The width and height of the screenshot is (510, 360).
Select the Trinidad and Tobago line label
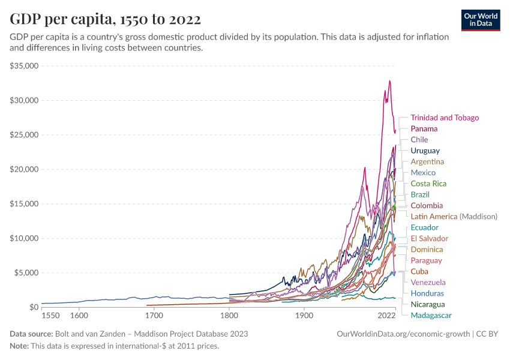[445, 118]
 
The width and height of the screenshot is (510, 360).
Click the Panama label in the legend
[424, 128]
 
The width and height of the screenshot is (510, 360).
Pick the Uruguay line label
[425, 151]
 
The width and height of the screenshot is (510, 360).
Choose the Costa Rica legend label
[428, 184]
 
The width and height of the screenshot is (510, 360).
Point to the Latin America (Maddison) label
[454, 216]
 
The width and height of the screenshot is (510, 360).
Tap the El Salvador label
[429, 238]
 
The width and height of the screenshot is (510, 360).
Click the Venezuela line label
[428, 282]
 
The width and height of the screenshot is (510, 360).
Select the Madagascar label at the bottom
[431, 315]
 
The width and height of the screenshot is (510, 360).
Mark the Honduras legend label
[427, 293]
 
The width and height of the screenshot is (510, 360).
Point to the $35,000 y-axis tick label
[24, 65]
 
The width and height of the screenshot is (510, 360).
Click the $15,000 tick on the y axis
[24, 204]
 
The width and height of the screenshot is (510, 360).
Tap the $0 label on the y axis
[34, 307]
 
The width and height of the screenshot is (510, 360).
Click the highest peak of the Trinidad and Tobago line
[389, 81]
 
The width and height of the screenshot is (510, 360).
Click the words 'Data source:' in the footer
[31, 334]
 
